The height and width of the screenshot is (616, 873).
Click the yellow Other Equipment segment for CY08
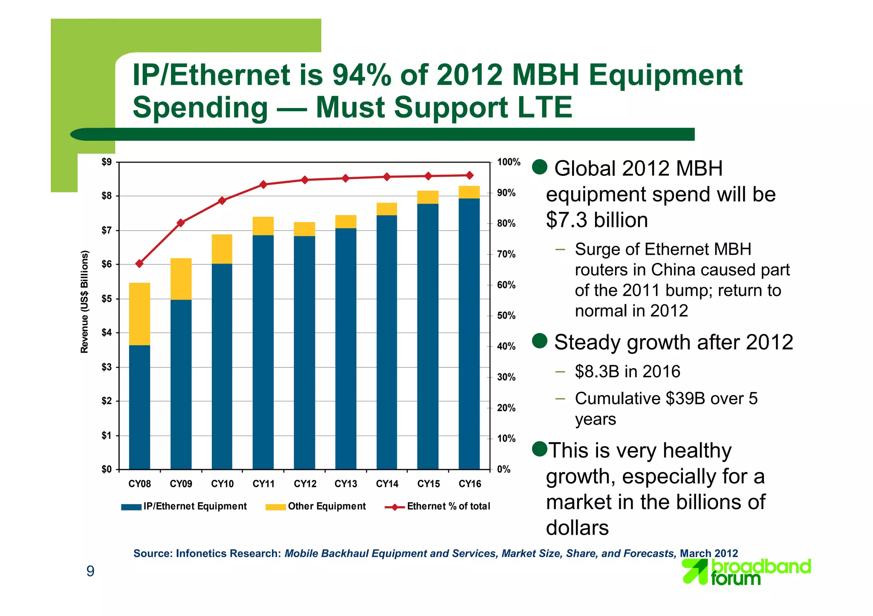[x=139, y=314]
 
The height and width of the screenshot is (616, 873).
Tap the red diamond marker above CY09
[x=181, y=223]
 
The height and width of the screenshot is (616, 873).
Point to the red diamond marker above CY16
[x=469, y=175]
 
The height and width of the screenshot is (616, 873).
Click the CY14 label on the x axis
[x=387, y=484]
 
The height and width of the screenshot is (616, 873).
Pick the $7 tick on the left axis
[x=107, y=231]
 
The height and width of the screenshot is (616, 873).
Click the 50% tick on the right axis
[x=506, y=316]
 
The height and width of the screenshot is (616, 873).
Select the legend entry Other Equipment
[x=327, y=506]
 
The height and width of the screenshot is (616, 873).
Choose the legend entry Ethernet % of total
[x=448, y=506]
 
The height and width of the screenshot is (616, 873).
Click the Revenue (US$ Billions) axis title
[x=84, y=302]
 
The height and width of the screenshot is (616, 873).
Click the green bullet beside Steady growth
[x=540, y=341]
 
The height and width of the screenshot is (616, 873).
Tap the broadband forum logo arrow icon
[x=695, y=571]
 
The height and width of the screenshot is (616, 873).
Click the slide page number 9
[x=90, y=571]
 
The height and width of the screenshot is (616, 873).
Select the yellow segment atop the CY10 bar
[x=222, y=249]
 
